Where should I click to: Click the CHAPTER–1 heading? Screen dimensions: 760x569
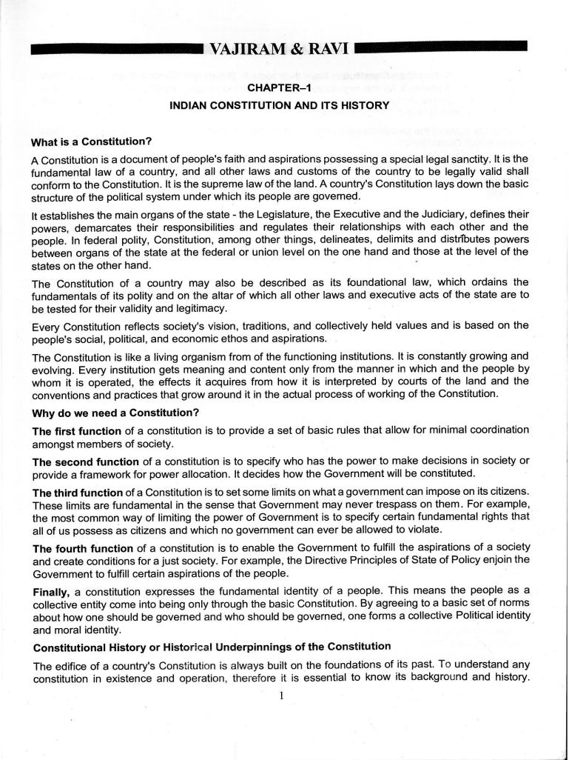point(279,88)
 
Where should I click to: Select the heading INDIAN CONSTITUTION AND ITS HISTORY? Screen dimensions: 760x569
point(279,106)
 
